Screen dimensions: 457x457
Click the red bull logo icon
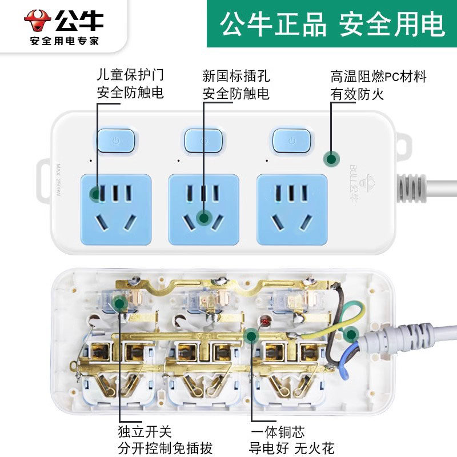click(x=38, y=20)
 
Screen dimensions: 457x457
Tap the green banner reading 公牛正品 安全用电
click(x=332, y=25)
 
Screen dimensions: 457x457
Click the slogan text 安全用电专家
click(x=64, y=41)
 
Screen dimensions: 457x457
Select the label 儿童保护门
click(x=130, y=75)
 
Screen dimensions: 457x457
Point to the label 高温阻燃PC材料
click(x=378, y=77)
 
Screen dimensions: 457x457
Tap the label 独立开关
click(x=145, y=432)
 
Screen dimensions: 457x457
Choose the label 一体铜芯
click(x=278, y=432)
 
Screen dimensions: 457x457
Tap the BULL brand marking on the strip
click(x=354, y=177)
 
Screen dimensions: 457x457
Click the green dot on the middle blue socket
click(x=203, y=217)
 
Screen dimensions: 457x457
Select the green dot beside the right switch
click(x=330, y=159)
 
